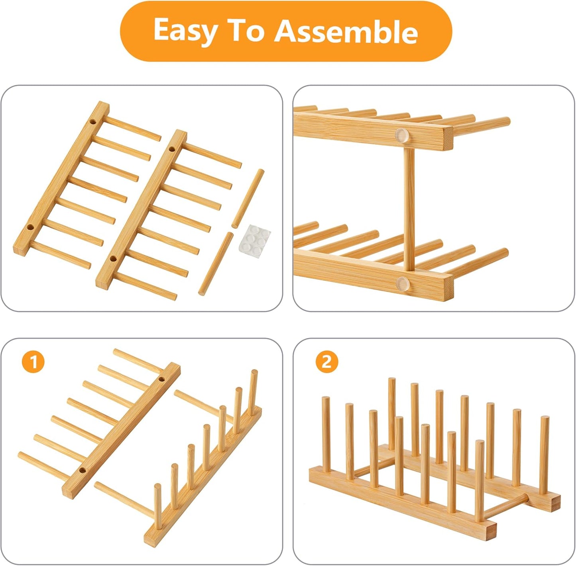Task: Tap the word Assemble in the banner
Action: click(346, 31)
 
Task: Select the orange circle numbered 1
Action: click(33, 362)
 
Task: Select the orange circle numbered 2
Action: click(326, 362)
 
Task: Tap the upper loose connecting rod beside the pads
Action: click(248, 198)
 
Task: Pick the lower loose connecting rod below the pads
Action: click(216, 263)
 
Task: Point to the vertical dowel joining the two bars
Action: click(408, 207)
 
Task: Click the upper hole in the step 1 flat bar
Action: click(161, 379)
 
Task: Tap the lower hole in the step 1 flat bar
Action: click(83, 470)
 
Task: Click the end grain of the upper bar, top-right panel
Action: click(448, 138)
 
